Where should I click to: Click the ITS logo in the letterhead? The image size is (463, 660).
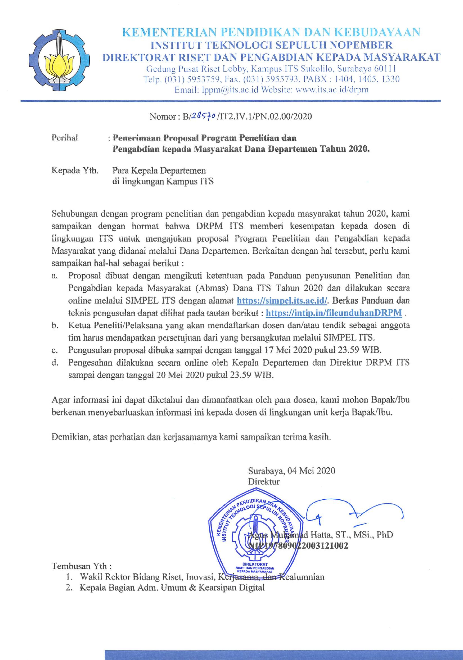tap(59, 58)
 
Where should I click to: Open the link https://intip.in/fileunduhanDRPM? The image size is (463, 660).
tap(334, 313)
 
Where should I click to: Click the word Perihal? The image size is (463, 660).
tap(65, 138)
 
